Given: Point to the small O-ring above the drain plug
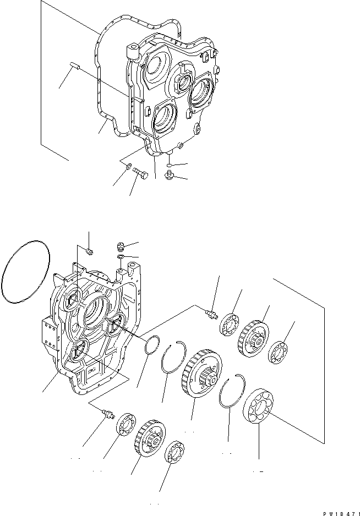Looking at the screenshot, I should (x=170, y=164).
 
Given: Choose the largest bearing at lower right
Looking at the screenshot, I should (x=259, y=408).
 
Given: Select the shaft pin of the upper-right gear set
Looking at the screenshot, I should (x=210, y=313).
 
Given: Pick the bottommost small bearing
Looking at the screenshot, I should (x=175, y=452).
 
